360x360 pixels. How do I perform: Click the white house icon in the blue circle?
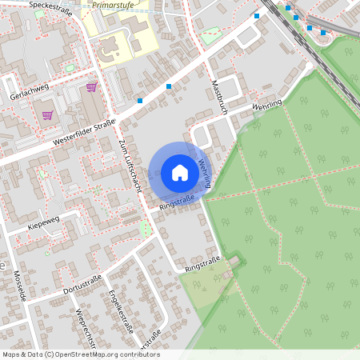[x=179, y=172]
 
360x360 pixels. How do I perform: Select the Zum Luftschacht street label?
[x=127, y=163]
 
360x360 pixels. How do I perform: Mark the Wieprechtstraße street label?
[x=86, y=324]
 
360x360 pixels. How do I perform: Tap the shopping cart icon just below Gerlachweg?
[x=47, y=114]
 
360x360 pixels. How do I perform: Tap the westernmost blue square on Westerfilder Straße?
[x=140, y=101]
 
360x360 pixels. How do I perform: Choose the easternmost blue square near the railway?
[x=323, y=33]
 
